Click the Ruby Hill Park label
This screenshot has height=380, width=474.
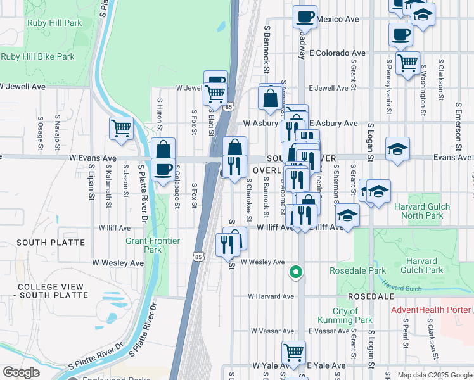(54, 23)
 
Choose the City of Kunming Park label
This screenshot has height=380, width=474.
(353, 315)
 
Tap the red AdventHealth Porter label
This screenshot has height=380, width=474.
(431, 310)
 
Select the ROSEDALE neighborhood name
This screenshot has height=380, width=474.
(371, 296)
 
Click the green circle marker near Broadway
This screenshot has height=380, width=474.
(295, 273)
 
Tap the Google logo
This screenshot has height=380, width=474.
(21, 373)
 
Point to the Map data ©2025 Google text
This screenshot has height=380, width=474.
(434, 375)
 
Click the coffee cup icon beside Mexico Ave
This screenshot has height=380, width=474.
(305, 16)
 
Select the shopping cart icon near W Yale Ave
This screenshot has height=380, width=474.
(293, 351)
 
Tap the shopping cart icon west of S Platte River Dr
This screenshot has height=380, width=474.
(121, 128)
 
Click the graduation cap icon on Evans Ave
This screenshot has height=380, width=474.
(397, 149)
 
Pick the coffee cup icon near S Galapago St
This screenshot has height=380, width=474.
(163, 169)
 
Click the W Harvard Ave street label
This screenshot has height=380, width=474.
(271, 296)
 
